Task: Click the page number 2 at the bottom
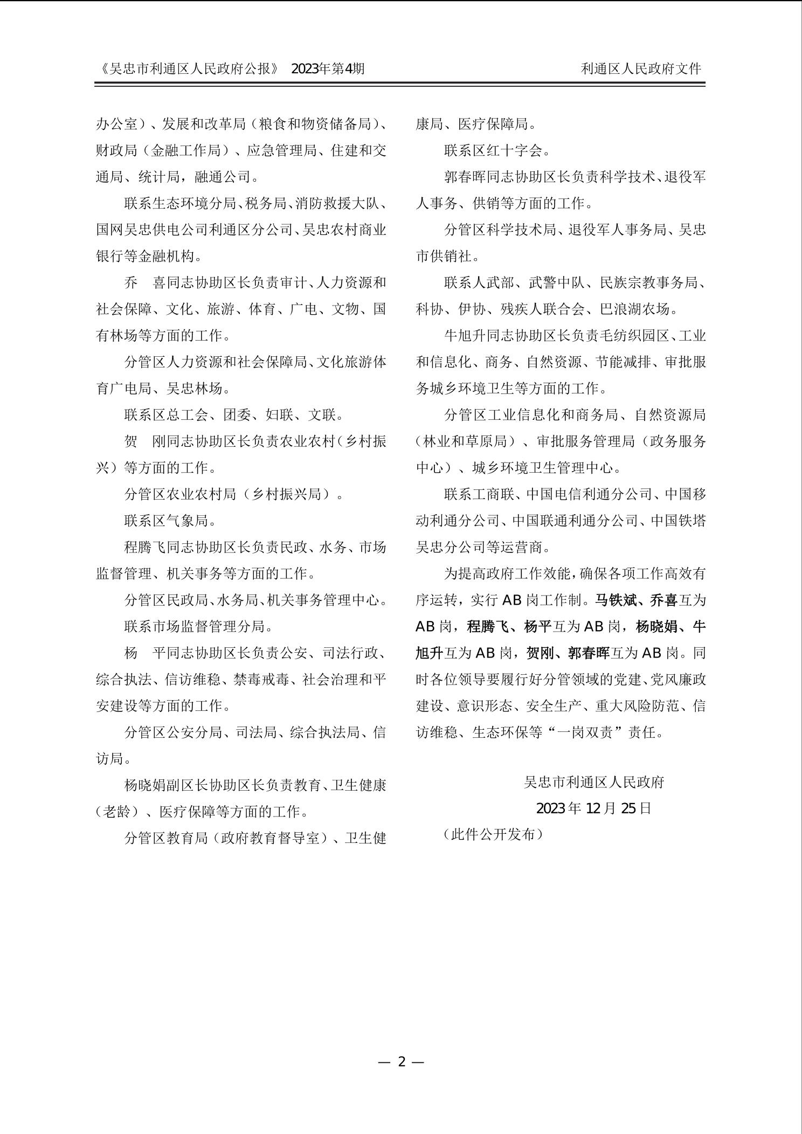coord(401,1062)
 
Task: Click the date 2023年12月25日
coord(593,808)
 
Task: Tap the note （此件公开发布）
coord(493,835)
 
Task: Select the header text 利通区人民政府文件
coord(641,68)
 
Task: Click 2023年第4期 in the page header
coord(328,68)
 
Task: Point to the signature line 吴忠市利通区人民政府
coord(593,782)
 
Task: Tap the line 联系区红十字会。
coord(497,150)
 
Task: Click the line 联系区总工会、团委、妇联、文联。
coord(234,415)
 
